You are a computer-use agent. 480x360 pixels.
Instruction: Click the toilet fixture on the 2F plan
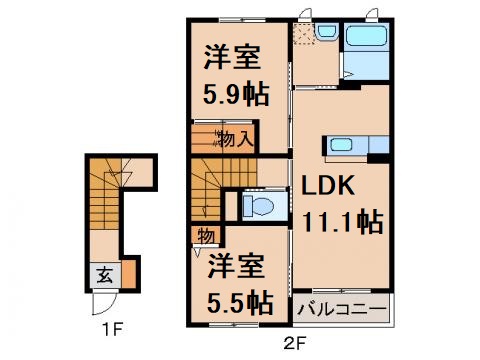point(259,207)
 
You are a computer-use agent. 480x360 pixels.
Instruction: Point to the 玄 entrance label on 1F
point(104,270)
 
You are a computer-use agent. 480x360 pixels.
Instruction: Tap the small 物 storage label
point(204,236)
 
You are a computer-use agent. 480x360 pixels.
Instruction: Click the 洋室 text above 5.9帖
point(236,57)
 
